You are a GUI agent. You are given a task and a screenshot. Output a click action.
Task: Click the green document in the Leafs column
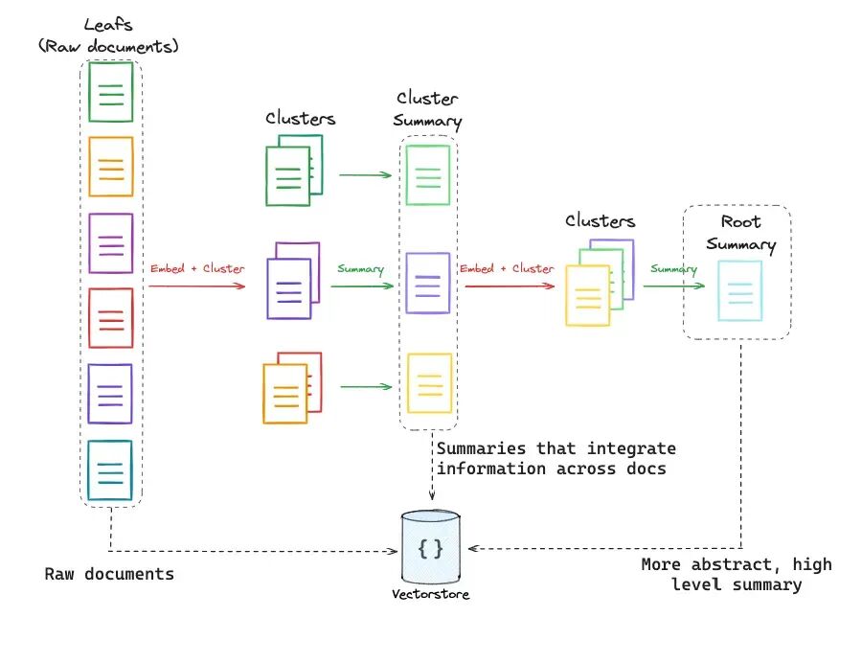(110, 92)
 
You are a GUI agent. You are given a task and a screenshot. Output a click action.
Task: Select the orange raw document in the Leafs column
(110, 167)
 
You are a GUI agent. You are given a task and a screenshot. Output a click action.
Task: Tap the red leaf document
(110, 318)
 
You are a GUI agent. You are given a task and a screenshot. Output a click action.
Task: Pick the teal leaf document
(110, 470)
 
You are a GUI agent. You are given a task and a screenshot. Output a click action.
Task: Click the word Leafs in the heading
(107, 25)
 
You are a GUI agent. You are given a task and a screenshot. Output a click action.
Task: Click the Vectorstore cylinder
(430, 546)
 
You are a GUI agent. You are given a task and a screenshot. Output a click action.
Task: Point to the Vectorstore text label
(430, 594)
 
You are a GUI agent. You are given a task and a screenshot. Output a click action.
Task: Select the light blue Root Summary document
(740, 291)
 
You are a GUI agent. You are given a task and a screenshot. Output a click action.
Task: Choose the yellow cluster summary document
(429, 383)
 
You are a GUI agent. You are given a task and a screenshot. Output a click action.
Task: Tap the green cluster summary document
(428, 174)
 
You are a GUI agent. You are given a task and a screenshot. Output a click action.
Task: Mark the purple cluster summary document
(428, 284)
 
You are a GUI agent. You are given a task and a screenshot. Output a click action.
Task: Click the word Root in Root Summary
(740, 221)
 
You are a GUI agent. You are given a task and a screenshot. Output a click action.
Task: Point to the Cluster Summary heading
(427, 109)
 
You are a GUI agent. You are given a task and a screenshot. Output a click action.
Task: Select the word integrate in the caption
(632, 448)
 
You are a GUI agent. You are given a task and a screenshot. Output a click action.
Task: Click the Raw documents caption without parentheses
(109, 574)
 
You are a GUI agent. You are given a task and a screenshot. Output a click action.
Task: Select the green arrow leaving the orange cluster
(366, 387)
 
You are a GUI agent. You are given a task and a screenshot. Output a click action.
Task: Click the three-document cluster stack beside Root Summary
(600, 283)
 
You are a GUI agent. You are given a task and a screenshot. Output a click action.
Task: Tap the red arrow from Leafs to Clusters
(196, 286)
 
